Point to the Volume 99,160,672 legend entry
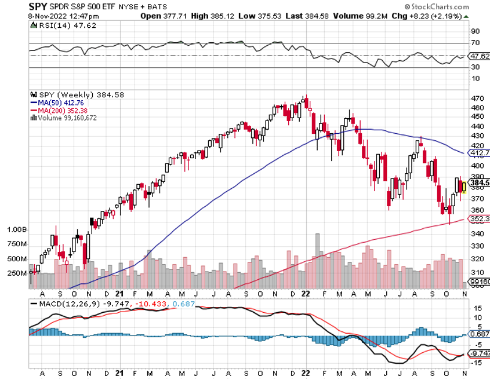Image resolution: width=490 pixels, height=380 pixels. [x=67, y=118]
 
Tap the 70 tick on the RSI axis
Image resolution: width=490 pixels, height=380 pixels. [x=475, y=43]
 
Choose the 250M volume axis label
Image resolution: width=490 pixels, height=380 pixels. [x=17, y=273]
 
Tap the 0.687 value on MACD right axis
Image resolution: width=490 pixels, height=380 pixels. [x=478, y=335]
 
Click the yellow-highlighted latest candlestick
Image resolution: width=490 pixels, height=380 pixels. [x=464, y=187]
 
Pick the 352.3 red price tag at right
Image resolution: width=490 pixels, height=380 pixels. [x=478, y=220]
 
